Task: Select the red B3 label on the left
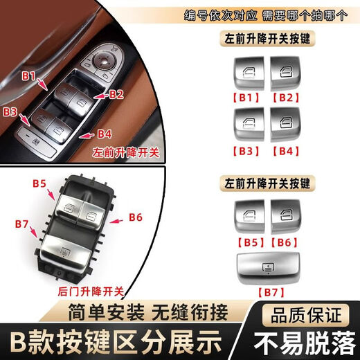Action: tap(12, 111)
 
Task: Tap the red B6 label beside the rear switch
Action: tap(136, 217)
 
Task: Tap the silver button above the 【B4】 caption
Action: tap(286, 123)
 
